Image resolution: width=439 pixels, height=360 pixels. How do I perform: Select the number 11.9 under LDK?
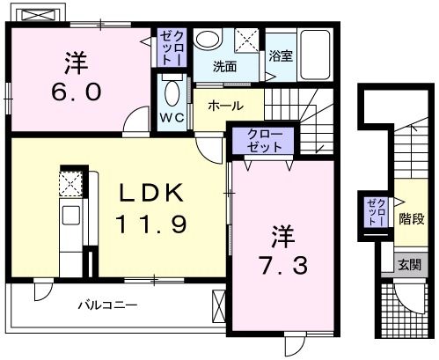click(150, 225)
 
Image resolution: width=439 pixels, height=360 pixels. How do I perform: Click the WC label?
click(172, 117)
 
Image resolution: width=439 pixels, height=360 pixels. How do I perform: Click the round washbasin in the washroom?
click(209, 40)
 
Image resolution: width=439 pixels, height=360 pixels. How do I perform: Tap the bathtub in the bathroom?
click(314, 51)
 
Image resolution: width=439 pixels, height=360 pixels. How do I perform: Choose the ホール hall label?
click(226, 105)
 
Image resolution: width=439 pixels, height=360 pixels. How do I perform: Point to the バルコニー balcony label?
click(106, 306)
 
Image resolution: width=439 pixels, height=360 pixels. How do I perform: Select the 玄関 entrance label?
click(408, 263)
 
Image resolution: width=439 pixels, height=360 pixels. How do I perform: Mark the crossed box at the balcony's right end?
click(219, 309)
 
